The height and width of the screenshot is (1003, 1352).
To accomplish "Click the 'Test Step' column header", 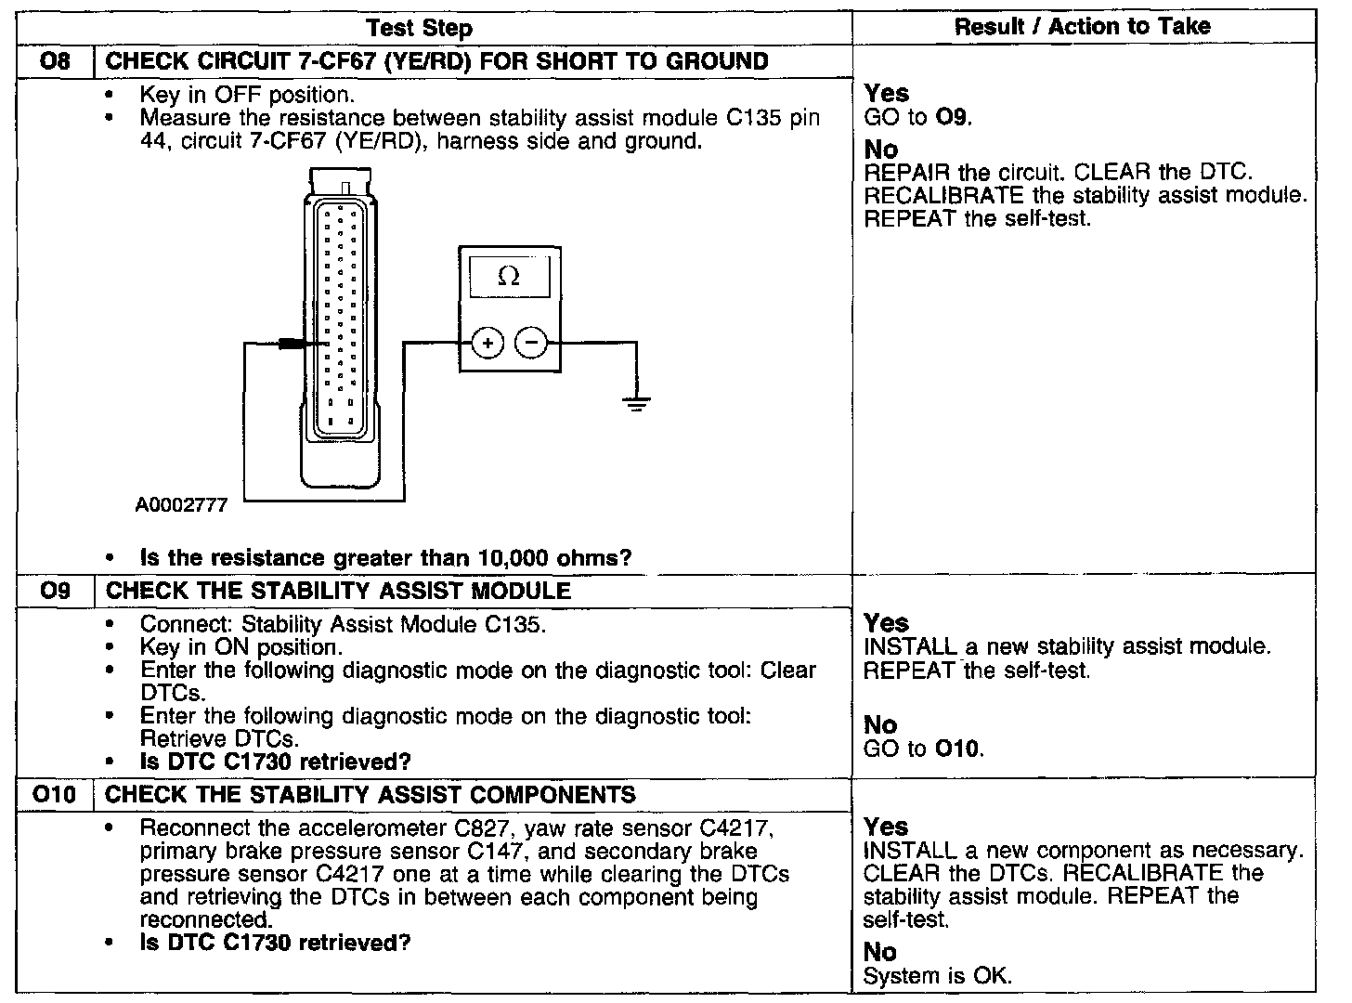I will [x=419, y=29].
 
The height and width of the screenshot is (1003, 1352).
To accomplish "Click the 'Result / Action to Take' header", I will [x=1082, y=27].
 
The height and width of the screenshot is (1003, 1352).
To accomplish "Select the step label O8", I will [x=56, y=62].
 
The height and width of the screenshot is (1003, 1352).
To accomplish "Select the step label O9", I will [x=56, y=591].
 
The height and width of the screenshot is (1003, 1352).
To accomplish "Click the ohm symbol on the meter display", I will [x=509, y=276].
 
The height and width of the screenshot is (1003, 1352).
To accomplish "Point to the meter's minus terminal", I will [x=532, y=343].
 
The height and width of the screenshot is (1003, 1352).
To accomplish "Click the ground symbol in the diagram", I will [x=636, y=402].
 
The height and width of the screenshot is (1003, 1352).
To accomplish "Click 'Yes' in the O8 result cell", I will [x=887, y=93].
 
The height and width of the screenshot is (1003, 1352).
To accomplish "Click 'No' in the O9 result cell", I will [x=880, y=725].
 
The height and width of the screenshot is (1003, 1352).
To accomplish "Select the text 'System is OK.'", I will [x=937, y=976].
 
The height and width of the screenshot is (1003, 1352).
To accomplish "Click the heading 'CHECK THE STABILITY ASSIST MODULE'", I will [x=339, y=591].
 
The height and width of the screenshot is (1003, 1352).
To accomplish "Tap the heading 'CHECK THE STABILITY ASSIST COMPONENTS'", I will [x=370, y=795].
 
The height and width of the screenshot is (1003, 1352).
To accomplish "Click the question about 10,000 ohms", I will [x=385, y=558].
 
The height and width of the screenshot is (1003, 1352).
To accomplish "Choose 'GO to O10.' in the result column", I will [x=923, y=749].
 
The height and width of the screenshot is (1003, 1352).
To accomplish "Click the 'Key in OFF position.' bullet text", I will [x=247, y=95].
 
